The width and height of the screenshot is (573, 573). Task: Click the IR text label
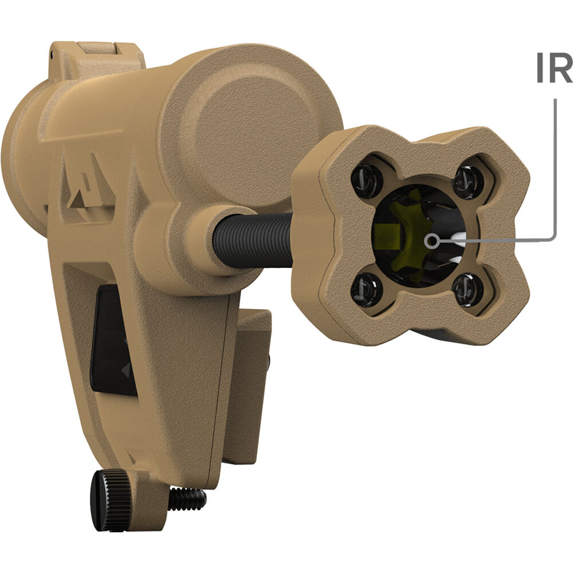click(x=554, y=68)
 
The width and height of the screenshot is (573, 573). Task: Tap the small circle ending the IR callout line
click(x=432, y=241)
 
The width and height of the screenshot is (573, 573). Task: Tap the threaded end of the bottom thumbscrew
click(x=188, y=499)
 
